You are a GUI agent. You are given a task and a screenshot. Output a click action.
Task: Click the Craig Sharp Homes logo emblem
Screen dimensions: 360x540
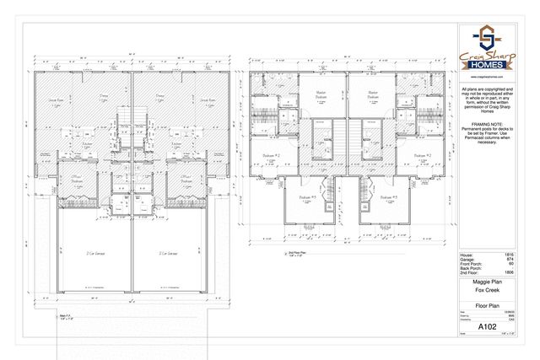pyautogui.click(x=486, y=38)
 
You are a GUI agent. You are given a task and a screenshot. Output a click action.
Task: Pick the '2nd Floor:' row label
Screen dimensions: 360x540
pyautogui.click(x=467, y=272)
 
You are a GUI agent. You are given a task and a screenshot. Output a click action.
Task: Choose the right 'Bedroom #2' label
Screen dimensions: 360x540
pyautogui.click(x=422, y=156)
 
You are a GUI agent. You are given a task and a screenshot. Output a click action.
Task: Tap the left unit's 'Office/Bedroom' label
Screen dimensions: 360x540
pyautogui.click(x=52, y=179)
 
